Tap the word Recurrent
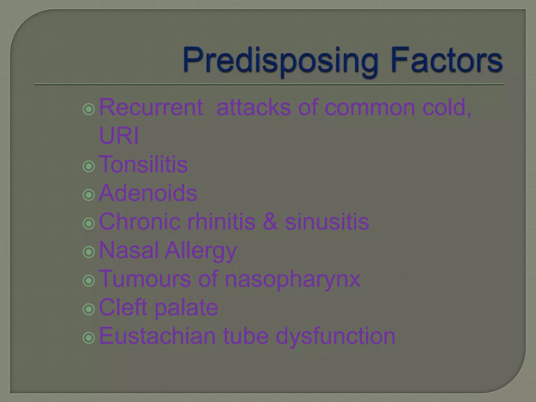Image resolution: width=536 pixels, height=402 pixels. tap(151, 107)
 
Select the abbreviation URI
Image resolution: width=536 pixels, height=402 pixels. tap(119, 136)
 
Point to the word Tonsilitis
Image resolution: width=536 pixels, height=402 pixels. tap(143, 164)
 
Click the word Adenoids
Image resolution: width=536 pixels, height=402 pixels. tap(148, 193)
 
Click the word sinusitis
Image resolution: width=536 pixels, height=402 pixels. tap(327, 222)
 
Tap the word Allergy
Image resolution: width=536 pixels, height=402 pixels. tap(201, 251)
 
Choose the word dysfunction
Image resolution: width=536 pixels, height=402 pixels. tap(335, 336)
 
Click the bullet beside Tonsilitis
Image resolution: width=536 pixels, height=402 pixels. tap(89, 166)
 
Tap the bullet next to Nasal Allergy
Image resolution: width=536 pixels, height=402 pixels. tap(89, 252)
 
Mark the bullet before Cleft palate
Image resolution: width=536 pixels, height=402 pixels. tap(89, 309)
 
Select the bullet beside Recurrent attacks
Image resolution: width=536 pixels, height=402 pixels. tap(89, 109)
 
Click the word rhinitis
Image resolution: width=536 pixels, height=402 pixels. tap(221, 222)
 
